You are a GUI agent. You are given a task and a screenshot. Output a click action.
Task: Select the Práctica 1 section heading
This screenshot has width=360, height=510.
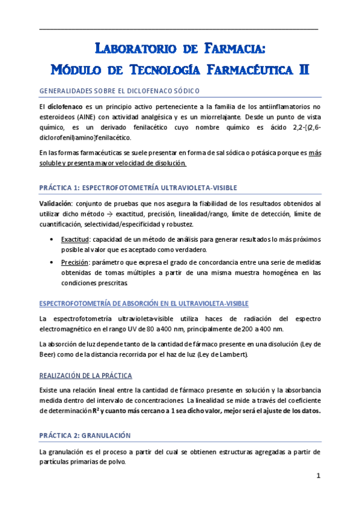click(129, 188)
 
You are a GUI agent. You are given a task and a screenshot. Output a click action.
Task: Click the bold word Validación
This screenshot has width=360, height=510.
click(55, 203)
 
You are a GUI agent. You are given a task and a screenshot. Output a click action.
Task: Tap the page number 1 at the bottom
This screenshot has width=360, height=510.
click(319, 477)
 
